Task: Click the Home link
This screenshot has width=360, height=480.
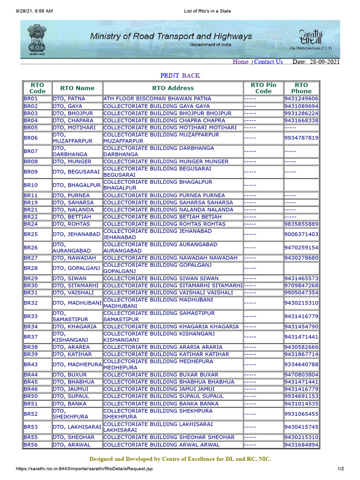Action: pyautogui.click(x=240, y=62)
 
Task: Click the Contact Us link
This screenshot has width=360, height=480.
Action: pyautogui.click(x=268, y=62)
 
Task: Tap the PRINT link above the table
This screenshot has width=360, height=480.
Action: pyautogui.click(x=170, y=75)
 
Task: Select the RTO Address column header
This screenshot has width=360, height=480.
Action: pyautogui.click(x=172, y=88)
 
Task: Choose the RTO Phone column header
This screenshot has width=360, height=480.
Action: pyautogui.click(x=301, y=88)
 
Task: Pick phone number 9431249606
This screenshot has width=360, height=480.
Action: pyautogui.click(x=301, y=99)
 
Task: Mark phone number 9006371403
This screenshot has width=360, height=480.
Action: pyautogui.click(x=301, y=234)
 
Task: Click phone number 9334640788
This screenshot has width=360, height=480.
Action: pyautogui.click(x=301, y=365)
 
